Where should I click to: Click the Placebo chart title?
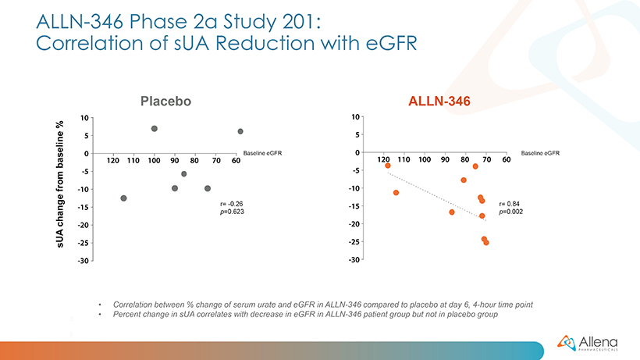tap(165, 101)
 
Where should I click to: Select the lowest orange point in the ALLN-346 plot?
tap(485, 243)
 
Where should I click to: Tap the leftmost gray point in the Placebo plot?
tap(123, 198)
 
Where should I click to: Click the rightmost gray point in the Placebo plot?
tap(240, 131)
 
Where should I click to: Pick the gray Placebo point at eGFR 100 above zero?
tap(155, 128)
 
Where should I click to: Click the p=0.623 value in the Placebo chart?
tap(233, 212)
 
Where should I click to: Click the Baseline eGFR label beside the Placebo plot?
tap(262, 153)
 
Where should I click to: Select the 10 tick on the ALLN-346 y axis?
tap(355, 117)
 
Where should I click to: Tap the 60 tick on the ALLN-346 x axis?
tap(507, 159)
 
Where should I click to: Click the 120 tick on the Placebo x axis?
tap(112, 160)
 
